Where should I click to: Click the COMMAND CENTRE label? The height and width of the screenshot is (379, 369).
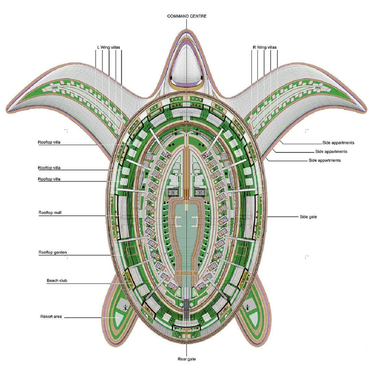coord(187,16)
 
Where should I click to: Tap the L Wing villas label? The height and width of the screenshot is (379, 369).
coord(108,47)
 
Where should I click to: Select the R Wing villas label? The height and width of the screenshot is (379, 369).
coord(264,47)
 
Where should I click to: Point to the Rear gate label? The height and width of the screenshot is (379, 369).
coord(187,359)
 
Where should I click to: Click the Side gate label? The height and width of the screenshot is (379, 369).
coord(308,217)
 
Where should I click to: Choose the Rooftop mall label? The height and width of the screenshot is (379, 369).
coord(50,213)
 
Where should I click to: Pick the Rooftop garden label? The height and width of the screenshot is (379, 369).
coord(53,252)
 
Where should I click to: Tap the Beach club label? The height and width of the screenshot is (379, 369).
coord(57,280)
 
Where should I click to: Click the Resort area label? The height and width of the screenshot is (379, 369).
coord(51,316)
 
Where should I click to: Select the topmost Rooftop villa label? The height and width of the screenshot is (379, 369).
coord(49,142)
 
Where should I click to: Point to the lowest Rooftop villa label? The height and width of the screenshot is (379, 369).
coord(49,179)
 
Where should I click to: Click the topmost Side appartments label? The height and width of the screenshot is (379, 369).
coord(338,143)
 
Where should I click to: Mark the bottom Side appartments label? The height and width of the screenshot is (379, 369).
coord(325,160)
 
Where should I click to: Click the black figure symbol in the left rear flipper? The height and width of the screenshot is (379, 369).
coord(125,308)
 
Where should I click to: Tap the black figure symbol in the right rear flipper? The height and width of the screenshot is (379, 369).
coord(247,308)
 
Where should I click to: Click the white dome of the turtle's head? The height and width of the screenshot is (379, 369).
coord(187,65)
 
